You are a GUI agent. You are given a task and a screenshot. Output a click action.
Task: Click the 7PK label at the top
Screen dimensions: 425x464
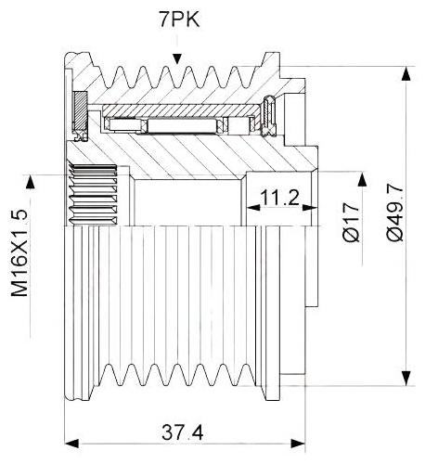click(179, 20)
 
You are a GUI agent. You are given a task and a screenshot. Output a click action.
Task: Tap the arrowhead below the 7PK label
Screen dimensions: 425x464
click(177, 59)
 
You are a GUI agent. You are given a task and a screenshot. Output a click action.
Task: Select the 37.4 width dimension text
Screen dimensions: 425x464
click(183, 432)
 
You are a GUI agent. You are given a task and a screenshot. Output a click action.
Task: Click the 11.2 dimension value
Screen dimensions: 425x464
click(280, 198)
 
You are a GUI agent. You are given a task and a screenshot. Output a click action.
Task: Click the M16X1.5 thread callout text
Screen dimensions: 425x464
click(19, 253)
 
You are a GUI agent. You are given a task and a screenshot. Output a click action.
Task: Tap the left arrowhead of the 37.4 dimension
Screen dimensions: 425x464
click(71, 443)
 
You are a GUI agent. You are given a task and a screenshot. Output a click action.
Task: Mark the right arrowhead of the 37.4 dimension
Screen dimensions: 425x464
click(298, 443)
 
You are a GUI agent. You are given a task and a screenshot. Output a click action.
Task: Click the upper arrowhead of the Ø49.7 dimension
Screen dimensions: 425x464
click(406, 73)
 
